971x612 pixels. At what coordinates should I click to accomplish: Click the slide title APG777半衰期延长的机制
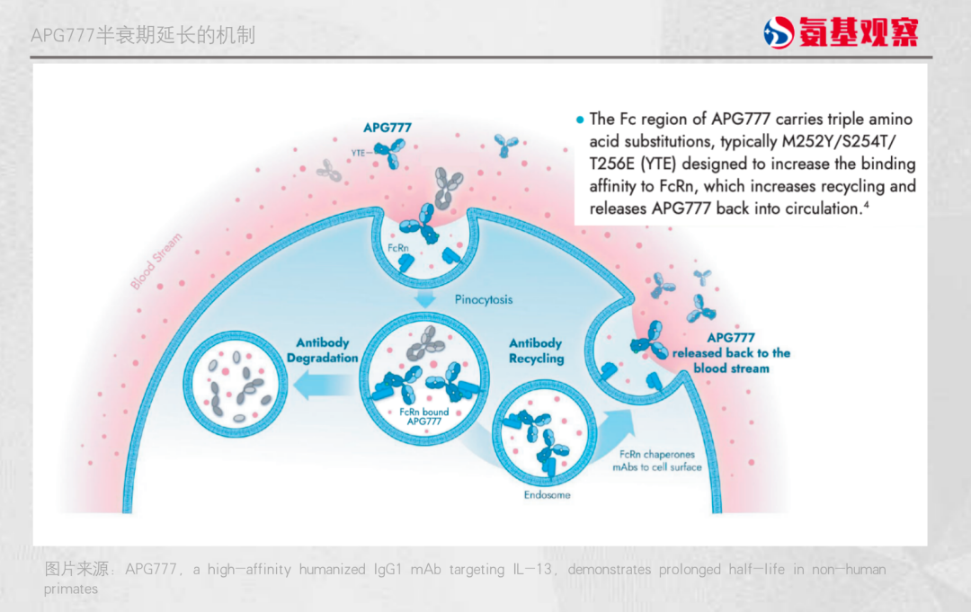[x=143, y=35]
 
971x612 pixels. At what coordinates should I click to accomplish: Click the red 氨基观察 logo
[x=841, y=33]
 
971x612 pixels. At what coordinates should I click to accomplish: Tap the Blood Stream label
[x=156, y=262]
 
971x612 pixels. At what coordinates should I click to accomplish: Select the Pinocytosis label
[x=484, y=299]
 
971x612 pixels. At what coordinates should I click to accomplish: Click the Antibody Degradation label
[x=323, y=350]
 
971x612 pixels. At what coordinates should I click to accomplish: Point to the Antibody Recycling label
[x=537, y=350]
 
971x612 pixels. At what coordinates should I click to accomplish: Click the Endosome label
[x=548, y=494]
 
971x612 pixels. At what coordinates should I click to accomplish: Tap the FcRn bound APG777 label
[x=424, y=417]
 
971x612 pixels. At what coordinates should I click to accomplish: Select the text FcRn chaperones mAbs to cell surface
[x=657, y=460]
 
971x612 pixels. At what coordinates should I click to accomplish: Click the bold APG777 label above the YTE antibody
[x=388, y=128]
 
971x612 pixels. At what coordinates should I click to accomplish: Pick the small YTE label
[x=359, y=153]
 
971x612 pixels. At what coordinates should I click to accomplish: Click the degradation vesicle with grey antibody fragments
[x=236, y=384]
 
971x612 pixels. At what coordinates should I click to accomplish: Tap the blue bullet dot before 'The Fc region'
[x=580, y=119]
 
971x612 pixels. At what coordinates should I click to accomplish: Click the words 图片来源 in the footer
[x=77, y=569]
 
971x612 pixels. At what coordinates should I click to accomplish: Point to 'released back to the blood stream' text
[x=731, y=360]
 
